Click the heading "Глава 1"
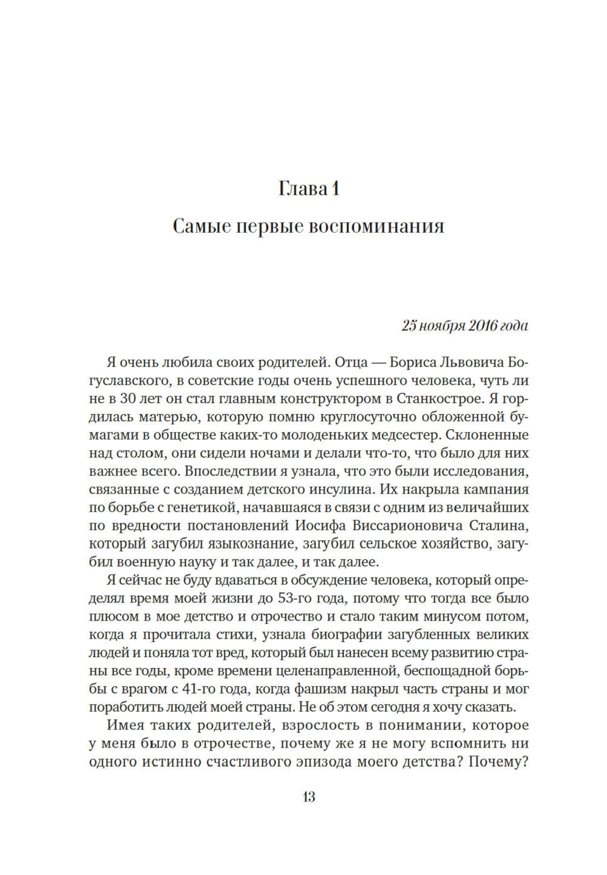[x=308, y=189]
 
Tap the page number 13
[x=308, y=797]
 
